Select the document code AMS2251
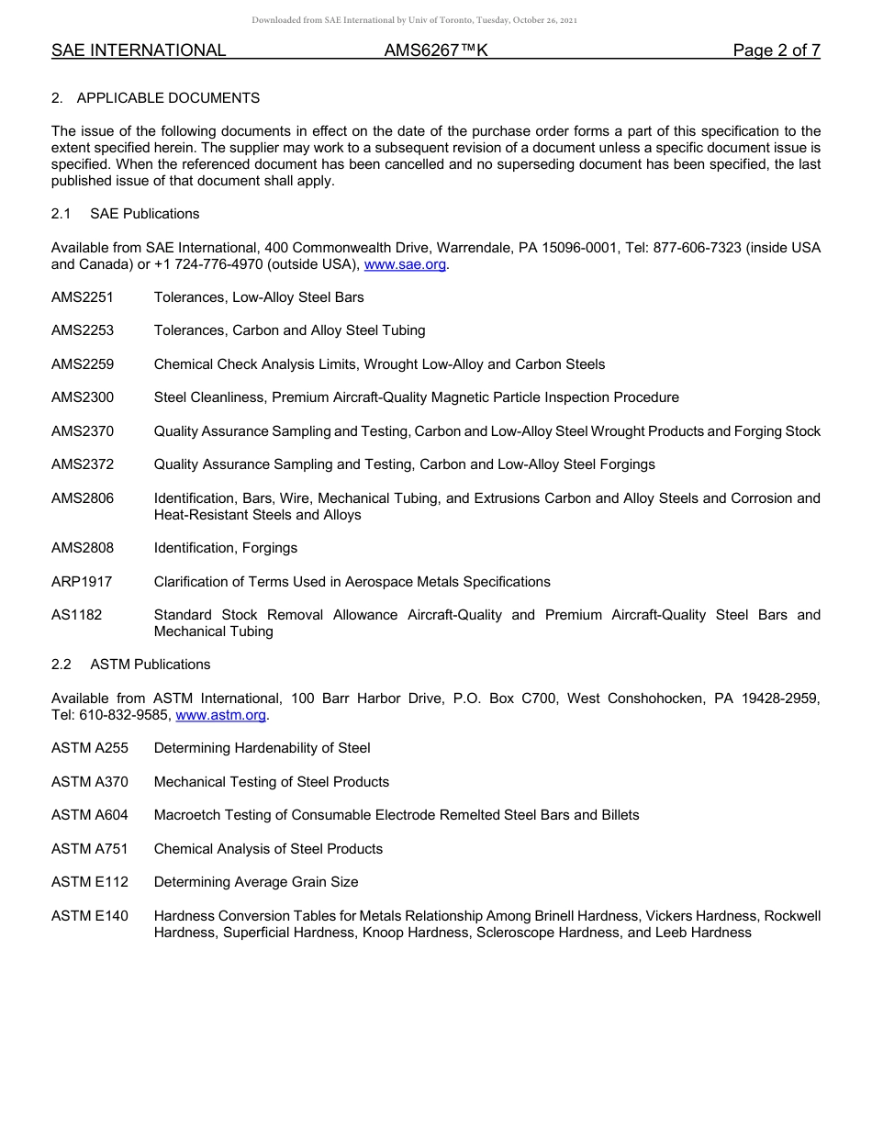[x=83, y=297]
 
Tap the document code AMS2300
[x=83, y=397]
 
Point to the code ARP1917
[x=82, y=582]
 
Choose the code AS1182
[x=77, y=615]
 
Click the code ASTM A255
[x=90, y=748]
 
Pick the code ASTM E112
[x=90, y=882]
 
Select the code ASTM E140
[x=90, y=916]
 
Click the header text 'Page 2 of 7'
[x=776, y=50]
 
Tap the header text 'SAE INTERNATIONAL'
[x=139, y=50]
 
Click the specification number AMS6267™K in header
[x=436, y=50]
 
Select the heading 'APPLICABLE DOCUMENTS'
[x=168, y=98]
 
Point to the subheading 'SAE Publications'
[x=144, y=214]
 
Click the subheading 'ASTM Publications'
[x=150, y=665]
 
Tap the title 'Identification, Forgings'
[x=226, y=548]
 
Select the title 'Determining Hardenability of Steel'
[x=262, y=748]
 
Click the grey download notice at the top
[x=414, y=20]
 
